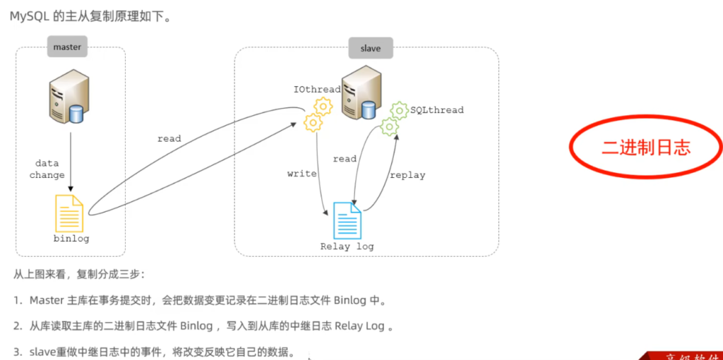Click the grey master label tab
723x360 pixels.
point(68,48)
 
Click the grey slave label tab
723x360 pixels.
point(370,48)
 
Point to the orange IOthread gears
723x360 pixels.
point(317,115)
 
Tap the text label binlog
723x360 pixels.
point(71,239)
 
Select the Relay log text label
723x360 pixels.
point(347,246)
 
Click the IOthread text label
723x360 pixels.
point(317,90)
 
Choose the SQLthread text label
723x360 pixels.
point(436,110)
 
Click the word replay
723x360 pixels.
point(407,175)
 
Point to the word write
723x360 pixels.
point(301,174)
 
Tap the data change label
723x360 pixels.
point(47,169)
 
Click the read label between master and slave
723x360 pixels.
point(169,139)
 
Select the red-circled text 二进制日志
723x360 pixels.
point(645,147)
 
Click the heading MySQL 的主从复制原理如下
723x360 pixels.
point(90,17)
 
